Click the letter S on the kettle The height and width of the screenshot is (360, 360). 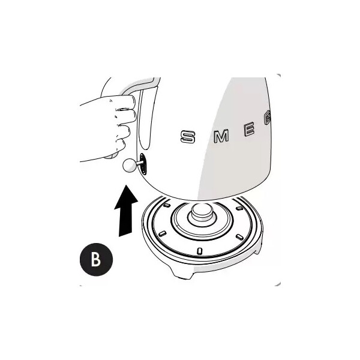188,137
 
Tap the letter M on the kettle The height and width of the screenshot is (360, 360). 221,136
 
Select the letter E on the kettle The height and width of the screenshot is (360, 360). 249,129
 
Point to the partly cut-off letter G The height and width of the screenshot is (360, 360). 268,118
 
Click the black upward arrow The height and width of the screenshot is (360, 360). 126,211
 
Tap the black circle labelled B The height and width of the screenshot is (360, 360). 96,259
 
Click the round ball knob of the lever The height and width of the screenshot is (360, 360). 130,166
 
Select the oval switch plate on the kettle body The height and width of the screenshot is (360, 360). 143,164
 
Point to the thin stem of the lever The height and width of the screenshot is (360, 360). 139,163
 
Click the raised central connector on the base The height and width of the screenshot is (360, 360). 202,214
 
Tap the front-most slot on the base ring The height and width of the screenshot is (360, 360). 199,251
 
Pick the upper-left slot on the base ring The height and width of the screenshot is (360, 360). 167,205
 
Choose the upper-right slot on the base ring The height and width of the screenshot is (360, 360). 239,208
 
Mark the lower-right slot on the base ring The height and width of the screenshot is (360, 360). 239,237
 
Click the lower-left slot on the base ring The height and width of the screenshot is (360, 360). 162,234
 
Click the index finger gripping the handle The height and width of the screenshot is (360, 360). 124,103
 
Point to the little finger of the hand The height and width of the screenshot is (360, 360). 119,145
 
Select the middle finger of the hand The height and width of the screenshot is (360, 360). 126,116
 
